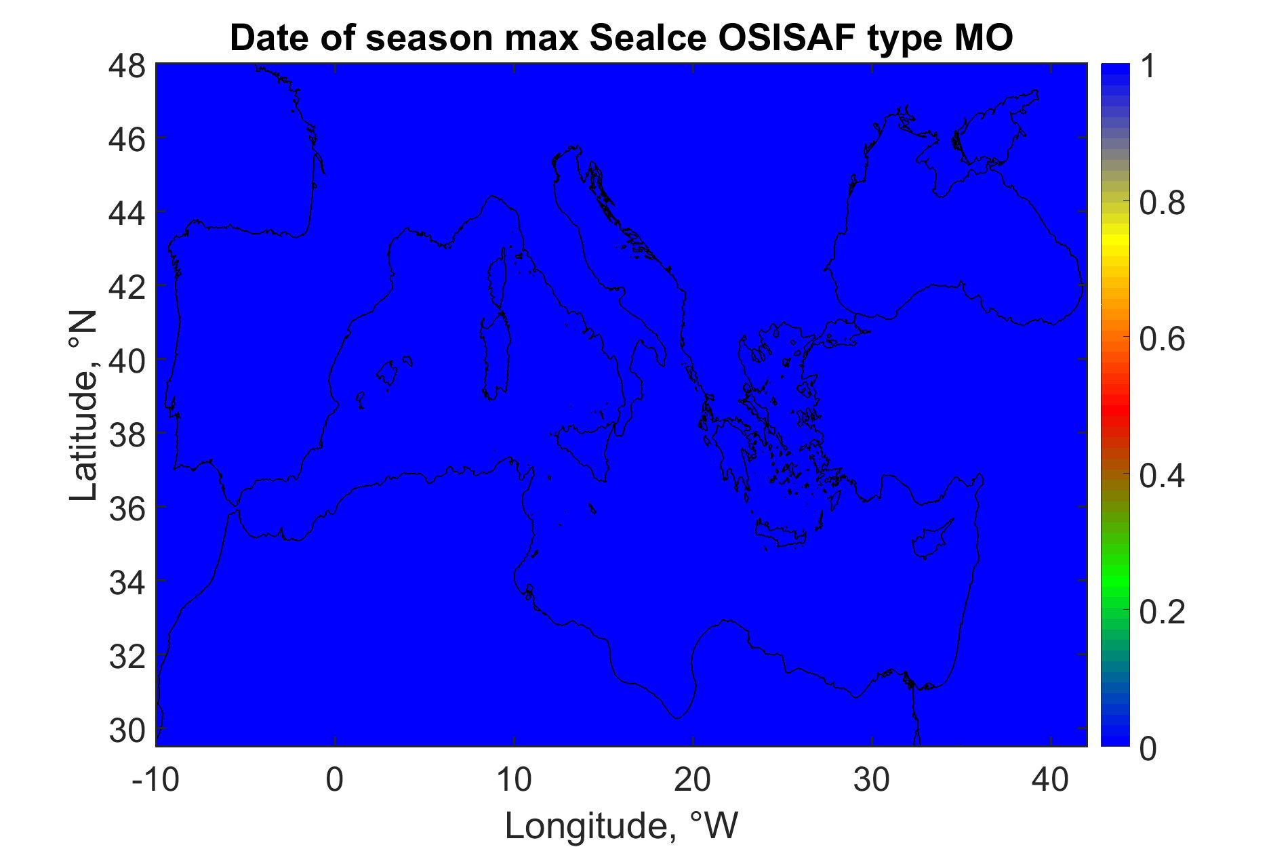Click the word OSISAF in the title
point(740,38)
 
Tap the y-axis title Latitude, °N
point(83,406)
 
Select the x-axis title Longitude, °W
point(621,826)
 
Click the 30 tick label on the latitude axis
point(127,730)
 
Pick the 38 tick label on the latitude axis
point(127,435)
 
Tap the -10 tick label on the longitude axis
point(155,780)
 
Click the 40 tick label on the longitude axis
point(1051,780)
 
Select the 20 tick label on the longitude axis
point(692,780)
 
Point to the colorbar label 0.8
point(1163,202)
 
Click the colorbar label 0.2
point(1163,612)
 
